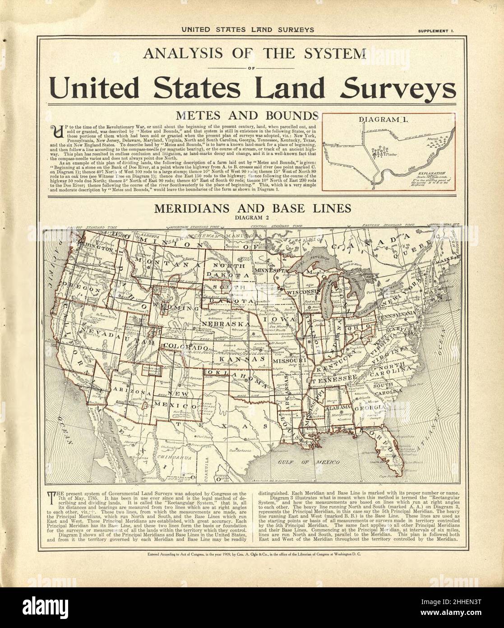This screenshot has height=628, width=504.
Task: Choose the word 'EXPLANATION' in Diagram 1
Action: tap(433, 173)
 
